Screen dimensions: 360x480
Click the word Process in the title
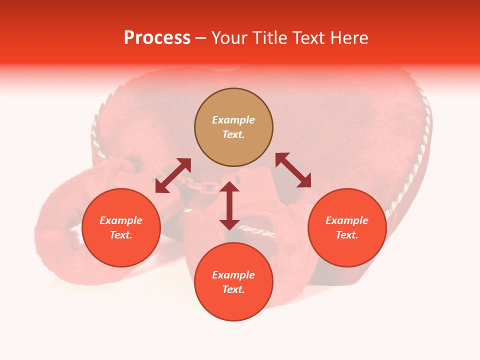[x=157, y=38]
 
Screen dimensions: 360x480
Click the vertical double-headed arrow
[x=229, y=206]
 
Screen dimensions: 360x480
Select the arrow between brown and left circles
[x=173, y=175]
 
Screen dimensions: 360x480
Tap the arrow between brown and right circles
[x=293, y=170]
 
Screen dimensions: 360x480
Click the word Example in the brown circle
[x=233, y=120]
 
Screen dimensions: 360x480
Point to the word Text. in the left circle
[x=121, y=235]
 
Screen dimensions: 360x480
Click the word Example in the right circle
[x=347, y=220]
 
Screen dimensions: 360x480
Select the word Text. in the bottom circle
[x=233, y=289]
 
